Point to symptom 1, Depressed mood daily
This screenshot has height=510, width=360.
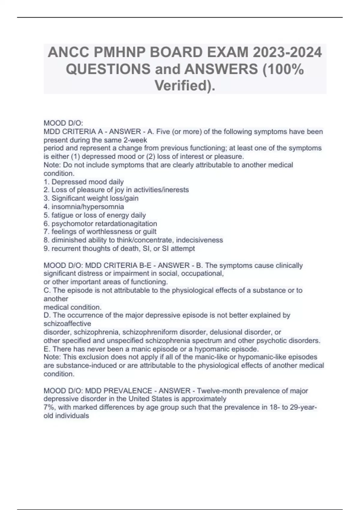(x=84, y=182)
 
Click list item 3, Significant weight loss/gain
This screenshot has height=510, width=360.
(x=91, y=198)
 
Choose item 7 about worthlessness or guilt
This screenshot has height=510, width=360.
(x=100, y=232)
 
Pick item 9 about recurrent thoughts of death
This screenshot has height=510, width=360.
(x=119, y=248)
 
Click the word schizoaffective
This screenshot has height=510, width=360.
(x=67, y=324)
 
